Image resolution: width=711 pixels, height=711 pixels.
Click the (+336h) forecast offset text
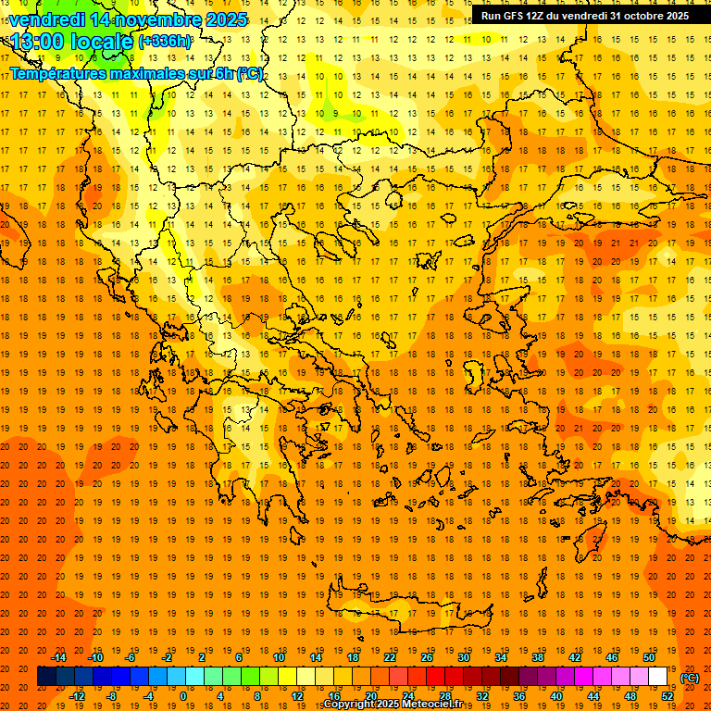(166, 42)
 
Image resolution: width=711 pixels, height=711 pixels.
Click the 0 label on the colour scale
(182, 696)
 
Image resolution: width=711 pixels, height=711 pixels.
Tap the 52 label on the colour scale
(667, 696)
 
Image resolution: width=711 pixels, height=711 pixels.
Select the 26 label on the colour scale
(427, 657)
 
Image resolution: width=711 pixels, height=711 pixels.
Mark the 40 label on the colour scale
(556, 696)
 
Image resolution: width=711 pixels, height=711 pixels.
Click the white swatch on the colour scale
(657, 677)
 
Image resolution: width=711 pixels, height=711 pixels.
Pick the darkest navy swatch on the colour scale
(46, 677)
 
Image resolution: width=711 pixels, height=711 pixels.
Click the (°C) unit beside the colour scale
(690, 678)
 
